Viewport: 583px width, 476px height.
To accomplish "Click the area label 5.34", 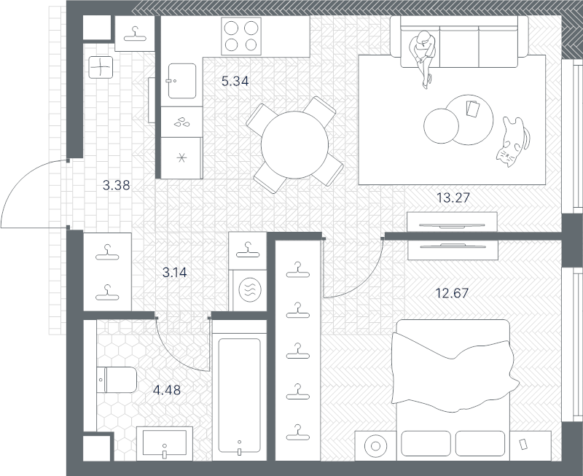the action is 235,81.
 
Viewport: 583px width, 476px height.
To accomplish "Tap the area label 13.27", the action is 453,198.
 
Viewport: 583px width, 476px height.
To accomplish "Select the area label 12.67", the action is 452,294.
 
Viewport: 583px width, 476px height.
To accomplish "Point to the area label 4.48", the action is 167,390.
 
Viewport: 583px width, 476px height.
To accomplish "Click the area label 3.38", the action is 117,185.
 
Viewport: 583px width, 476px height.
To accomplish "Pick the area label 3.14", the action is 175,273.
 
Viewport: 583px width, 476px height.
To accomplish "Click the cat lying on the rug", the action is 512,141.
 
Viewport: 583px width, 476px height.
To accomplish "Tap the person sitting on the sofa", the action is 423,56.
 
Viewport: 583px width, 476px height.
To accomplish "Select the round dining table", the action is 294,145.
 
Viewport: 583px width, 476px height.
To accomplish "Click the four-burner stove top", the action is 241,36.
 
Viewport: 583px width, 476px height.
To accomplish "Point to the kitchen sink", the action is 181,81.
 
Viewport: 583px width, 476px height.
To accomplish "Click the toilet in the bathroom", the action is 117,380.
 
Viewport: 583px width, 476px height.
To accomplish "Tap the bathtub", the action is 239,396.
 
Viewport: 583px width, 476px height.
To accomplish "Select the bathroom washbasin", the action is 165,443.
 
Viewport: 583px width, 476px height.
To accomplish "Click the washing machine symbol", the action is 250,289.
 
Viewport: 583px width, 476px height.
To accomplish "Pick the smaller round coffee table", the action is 441,125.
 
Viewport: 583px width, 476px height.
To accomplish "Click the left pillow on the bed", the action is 426,443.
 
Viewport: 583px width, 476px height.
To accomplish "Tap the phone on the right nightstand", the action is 523,444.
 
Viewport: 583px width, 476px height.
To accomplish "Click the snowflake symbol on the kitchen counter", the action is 181,158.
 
